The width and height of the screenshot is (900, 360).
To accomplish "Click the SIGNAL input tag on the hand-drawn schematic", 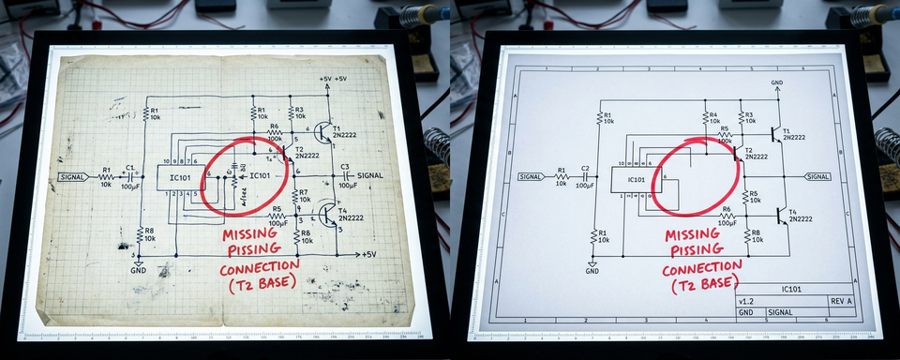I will click(73, 176).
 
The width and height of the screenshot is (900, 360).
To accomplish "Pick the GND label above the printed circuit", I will click(776, 83).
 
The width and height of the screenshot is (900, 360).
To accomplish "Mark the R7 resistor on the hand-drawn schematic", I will click(296, 197).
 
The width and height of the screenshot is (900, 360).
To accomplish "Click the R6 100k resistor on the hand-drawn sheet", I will click(274, 134).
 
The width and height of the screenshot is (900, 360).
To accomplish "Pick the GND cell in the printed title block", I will click(745, 311).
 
